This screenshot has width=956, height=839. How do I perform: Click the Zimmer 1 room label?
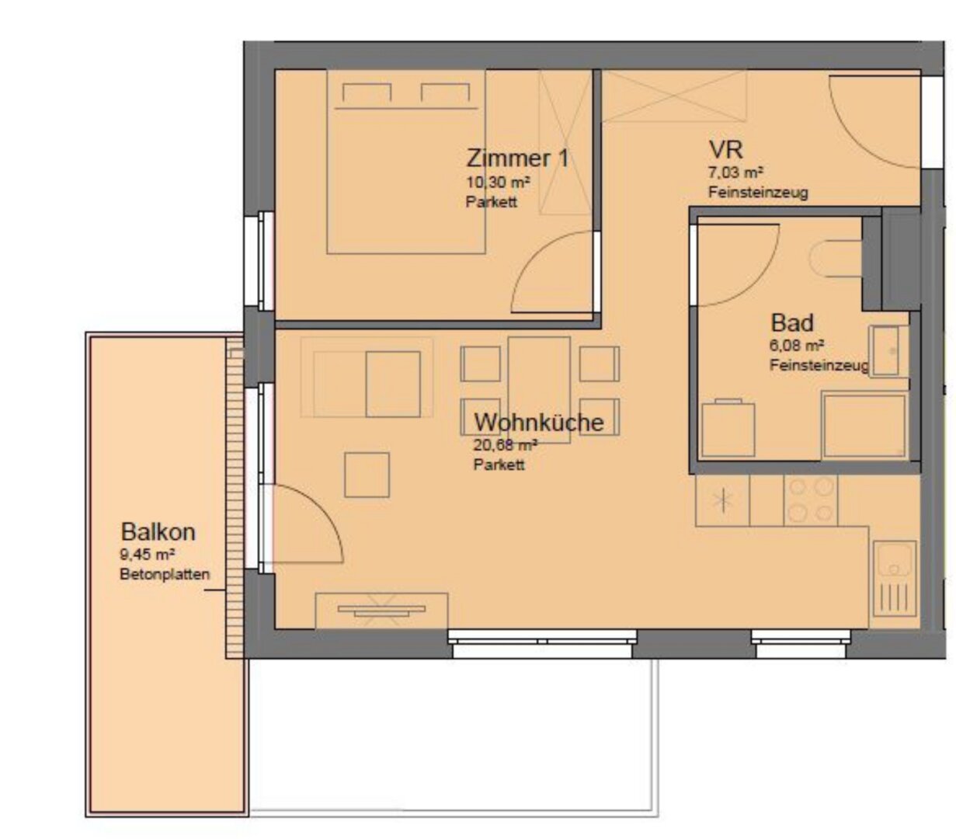(517, 158)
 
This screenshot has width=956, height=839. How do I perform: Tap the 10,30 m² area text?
(498, 181)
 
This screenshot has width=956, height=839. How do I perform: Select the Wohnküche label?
(539, 422)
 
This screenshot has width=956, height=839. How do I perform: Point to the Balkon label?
(158, 532)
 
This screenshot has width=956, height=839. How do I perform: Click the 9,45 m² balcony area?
(148, 555)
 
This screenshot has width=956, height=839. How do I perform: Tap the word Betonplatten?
(165, 575)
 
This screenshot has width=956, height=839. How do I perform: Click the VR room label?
(725, 150)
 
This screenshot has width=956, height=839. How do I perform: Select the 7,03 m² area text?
(735, 172)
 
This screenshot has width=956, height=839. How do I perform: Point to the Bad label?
(792, 323)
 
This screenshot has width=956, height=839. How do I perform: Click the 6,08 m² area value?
(797, 346)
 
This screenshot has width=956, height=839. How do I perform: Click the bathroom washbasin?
(888, 351)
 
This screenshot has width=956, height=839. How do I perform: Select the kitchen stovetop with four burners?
(811, 500)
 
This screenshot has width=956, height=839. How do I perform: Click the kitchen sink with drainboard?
(895, 579)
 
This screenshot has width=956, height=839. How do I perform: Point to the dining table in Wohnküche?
(539, 390)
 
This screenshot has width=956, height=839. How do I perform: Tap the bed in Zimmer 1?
(406, 162)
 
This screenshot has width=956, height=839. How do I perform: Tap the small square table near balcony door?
(367, 475)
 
